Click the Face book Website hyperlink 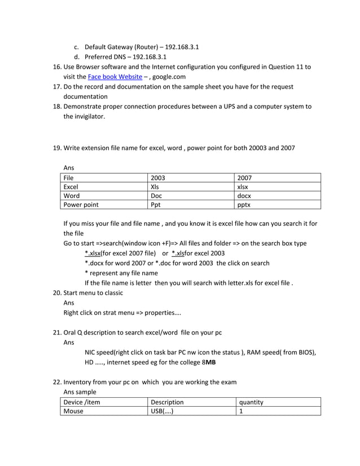(115, 77)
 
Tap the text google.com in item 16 (168, 77)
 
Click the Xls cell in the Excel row (156, 187)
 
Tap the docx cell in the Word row (244, 196)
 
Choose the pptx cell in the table (244, 206)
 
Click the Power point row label (81, 206)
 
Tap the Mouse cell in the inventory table (73, 412)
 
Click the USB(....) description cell (161, 412)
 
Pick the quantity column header (251, 402)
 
